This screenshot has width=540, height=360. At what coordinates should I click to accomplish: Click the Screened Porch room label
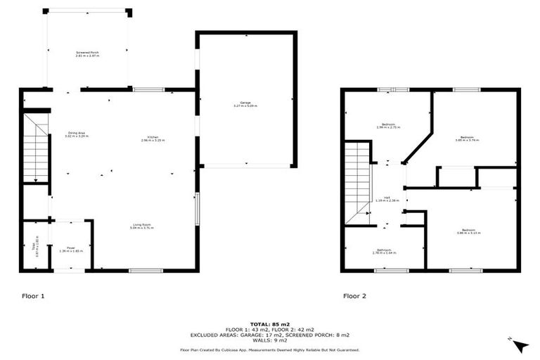(88, 53)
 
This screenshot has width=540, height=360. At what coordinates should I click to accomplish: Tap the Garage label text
(245, 104)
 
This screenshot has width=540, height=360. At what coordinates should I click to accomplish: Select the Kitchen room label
(152, 138)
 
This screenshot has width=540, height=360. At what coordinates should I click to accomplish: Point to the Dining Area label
(77, 134)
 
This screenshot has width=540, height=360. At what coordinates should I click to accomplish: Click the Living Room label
(141, 226)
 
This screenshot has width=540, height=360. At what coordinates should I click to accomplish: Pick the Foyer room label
(70, 249)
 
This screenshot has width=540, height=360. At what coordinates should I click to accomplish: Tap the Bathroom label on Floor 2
(384, 251)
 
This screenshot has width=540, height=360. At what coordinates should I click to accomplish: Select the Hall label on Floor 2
(387, 199)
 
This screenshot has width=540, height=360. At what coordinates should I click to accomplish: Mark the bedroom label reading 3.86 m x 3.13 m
(468, 231)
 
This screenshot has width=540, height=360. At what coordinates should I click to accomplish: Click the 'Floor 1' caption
(32, 296)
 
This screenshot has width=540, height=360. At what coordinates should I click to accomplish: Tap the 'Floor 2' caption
(354, 296)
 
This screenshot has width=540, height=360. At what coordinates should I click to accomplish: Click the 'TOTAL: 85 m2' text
(269, 322)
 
